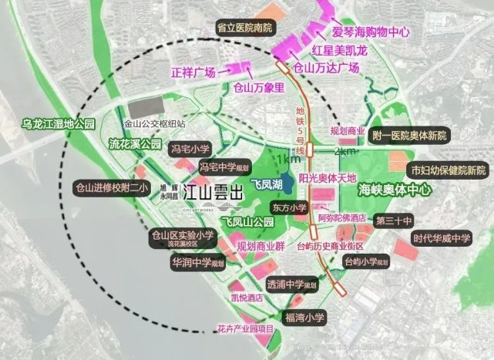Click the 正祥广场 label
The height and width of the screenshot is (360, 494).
[x=190, y=73]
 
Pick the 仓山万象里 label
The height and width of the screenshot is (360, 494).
[x=258, y=88]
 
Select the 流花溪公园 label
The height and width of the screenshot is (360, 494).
[x=135, y=143]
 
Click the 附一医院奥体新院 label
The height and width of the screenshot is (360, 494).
[x=409, y=136]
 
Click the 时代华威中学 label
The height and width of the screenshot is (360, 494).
[x=440, y=238]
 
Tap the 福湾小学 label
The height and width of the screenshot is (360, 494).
[x=305, y=317]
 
